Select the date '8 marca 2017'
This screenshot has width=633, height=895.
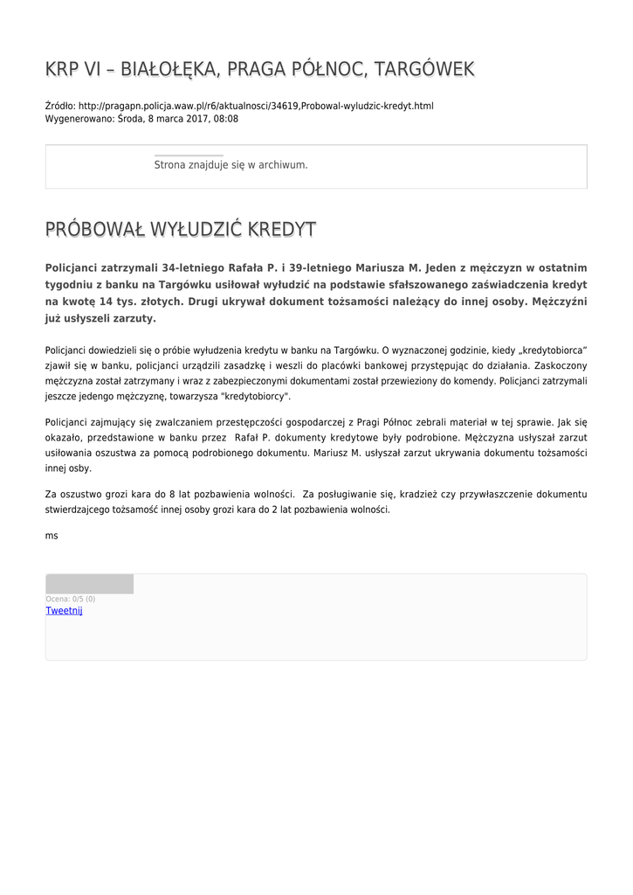(180, 118)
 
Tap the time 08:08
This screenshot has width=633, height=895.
(225, 118)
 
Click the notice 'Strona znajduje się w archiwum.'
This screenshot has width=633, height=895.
(230, 164)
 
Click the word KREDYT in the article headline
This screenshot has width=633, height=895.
(281, 230)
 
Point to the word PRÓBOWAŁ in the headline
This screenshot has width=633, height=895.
(95, 230)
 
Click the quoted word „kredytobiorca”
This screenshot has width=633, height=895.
(546, 350)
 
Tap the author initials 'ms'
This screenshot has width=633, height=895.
(52, 535)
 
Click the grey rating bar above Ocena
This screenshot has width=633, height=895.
(90, 584)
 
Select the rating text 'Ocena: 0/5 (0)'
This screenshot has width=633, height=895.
(71, 599)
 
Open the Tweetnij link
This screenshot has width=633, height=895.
(64, 611)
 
